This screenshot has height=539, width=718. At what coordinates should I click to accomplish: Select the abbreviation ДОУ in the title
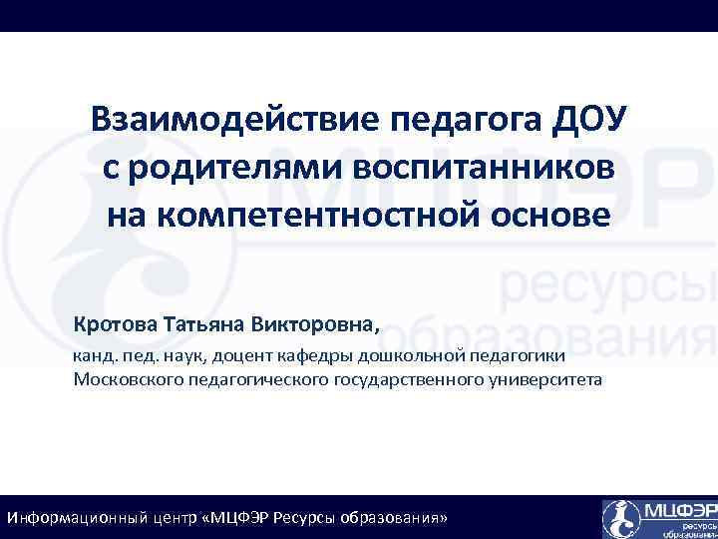pos(589,121)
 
